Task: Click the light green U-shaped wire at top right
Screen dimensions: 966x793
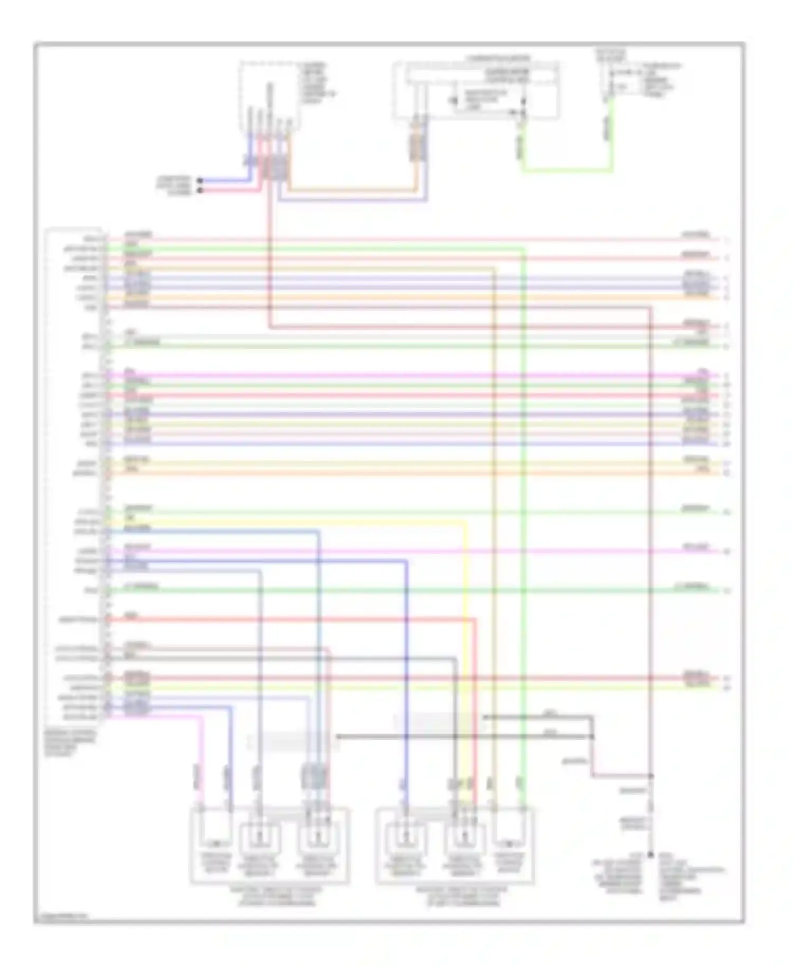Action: click(x=566, y=170)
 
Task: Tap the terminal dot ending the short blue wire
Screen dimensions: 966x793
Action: click(x=200, y=181)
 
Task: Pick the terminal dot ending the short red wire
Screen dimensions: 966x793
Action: click(x=200, y=190)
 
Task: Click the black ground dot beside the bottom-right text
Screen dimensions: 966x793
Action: click(x=650, y=854)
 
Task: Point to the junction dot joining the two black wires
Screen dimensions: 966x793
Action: click(x=592, y=736)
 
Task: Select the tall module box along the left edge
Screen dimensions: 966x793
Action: click(x=74, y=476)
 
